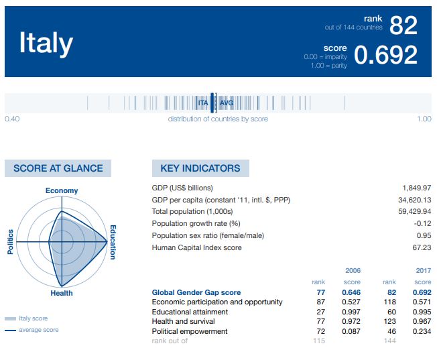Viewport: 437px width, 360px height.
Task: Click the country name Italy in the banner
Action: pos(46,43)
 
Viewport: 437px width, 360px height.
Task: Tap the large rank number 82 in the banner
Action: pos(403,25)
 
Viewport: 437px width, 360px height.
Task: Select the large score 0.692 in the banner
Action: pos(385,55)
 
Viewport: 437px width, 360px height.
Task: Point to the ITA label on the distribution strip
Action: pos(203,103)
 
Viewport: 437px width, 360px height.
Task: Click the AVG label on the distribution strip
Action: pos(227,103)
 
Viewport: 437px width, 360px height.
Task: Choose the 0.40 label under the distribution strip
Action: pos(12,119)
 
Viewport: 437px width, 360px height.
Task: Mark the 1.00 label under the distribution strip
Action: pos(424,119)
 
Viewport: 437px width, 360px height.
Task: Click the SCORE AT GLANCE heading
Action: pos(58,168)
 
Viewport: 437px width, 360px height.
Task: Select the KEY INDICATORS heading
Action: pos(200,168)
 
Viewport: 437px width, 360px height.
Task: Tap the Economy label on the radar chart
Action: pos(62,190)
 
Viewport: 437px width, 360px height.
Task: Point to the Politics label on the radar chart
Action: pos(10,242)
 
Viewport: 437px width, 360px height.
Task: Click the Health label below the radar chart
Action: pos(62,293)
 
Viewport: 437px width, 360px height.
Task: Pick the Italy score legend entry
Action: pos(26,318)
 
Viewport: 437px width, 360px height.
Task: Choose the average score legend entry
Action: pos(32,330)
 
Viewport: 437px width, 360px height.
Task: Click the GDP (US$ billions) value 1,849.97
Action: pos(417,188)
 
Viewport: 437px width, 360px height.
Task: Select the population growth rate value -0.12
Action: pos(422,223)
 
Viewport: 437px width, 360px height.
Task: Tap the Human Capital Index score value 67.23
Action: pos(422,247)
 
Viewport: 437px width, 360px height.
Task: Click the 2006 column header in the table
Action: pos(353,270)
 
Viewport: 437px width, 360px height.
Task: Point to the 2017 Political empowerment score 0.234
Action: pos(422,331)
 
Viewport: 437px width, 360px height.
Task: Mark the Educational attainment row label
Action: pos(190,312)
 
